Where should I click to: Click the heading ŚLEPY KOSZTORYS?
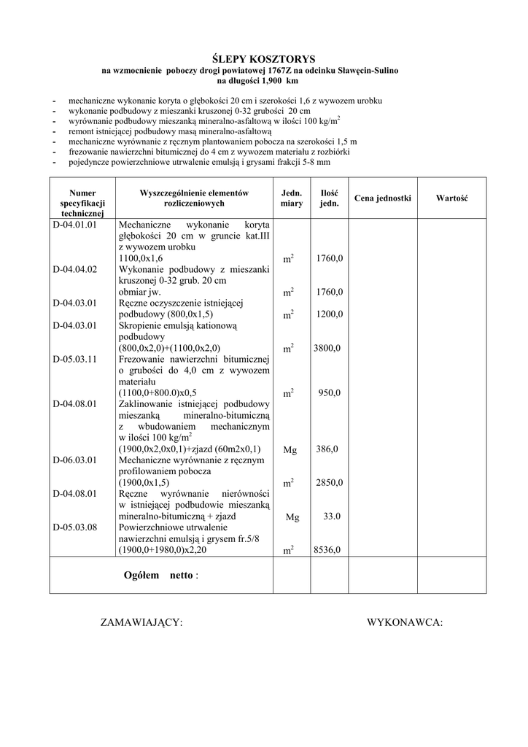[x=263, y=58]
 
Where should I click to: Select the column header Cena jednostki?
[x=383, y=198]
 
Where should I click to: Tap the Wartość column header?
[x=452, y=198]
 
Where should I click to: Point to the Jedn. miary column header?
[x=292, y=198]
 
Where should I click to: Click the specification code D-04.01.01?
[x=75, y=225]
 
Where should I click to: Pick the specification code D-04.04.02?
[x=75, y=270]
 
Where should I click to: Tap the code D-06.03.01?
[x=75, y=460]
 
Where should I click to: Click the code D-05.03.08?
[x=75, y=527]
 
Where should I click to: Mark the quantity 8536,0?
[x=327, y=551]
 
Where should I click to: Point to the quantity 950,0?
[x=330, y=393]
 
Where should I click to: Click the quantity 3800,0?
[x=327, y=349]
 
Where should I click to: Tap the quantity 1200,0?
[x=330, y=314]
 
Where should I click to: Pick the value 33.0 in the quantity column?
[x=332, y=516]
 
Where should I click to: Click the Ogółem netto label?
[x=161, y=576]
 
